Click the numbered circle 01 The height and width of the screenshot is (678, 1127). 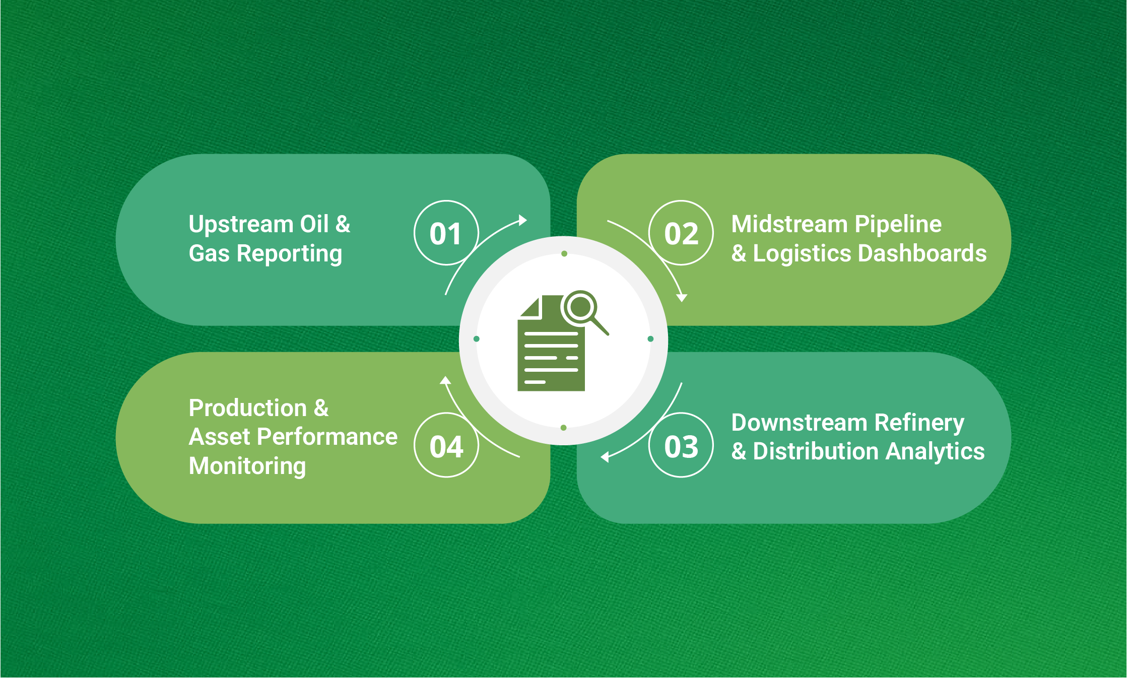(446, 233)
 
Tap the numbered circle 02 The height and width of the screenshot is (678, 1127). (681, 233)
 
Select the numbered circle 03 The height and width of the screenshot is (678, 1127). (681, 446)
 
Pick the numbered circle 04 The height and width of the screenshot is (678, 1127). (446, 446)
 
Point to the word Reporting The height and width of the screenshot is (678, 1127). (289, 254)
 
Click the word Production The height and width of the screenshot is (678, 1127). (247, 408)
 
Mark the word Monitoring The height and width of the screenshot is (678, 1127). (247, 466)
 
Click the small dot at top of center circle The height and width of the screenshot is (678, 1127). (564, 254)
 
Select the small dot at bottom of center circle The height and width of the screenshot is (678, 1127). (563, 428)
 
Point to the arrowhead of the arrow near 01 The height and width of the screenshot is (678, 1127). (523, 220)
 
